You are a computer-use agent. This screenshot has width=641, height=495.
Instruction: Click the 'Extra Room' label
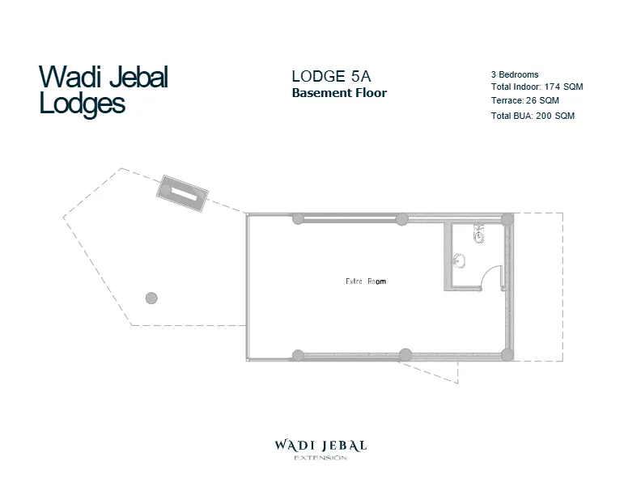click(x=366, y=281)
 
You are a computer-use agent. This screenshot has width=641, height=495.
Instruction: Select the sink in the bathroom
click(x=460, y=260)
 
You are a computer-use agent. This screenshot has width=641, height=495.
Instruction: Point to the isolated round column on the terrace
click(x=151, y=298)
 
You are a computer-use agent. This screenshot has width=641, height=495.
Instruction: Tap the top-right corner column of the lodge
click(x=507, y=219)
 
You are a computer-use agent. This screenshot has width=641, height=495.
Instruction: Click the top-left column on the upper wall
click(x=298, y=218)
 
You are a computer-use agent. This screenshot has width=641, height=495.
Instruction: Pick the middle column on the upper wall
click(x=401, y=218)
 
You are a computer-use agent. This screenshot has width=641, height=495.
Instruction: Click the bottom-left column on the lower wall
click(x=298, y=354)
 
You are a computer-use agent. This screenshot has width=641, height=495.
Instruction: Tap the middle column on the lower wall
click(x=405, y=354)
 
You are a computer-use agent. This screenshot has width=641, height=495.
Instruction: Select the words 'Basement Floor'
click(x=339, y=93)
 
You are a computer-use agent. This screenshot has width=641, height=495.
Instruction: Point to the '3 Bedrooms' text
click(x=515, y=74)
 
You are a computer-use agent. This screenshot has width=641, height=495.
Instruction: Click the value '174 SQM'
click(x=564, y=87)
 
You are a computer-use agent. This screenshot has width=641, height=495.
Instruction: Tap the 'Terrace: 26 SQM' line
click(x=524, y=101)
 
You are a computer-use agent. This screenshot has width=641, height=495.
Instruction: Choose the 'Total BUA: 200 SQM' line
click(x=533, y=116)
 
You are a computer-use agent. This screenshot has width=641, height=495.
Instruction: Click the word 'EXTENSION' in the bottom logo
click(x=320, y=458)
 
